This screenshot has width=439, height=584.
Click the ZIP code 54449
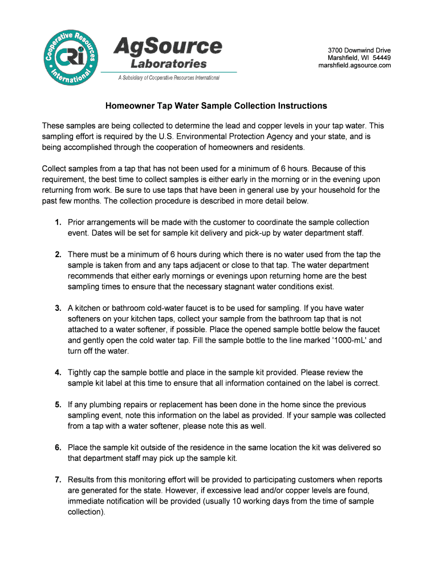pos(379,58)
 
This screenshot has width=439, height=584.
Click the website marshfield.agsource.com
pos(355,65)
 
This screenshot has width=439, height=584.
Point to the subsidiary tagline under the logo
pos(169,78)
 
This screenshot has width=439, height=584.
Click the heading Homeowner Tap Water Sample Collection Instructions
pos(216,106)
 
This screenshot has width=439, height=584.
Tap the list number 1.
pos(58,222)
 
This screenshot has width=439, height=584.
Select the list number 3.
pos(58,309)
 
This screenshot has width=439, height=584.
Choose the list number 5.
pos(58,405)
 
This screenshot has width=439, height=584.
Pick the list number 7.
pos(58,480)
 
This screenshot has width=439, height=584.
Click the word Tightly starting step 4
pos(81,373)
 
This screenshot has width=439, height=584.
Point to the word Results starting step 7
pos(82,480)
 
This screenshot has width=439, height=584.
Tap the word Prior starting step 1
pos(76,222)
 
